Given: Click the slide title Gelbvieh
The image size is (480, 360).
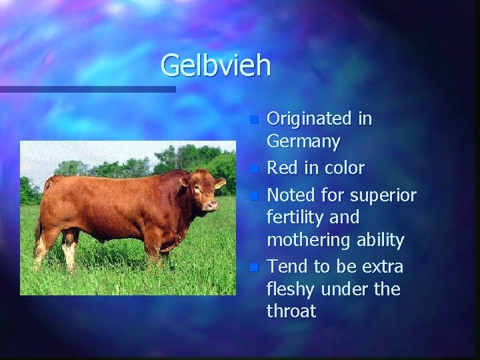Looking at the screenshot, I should click(216, 65).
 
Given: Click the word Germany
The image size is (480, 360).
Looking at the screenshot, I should click(303, 142).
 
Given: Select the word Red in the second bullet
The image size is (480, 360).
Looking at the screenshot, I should click(281, 167).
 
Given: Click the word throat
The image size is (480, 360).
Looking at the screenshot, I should click(292, 311).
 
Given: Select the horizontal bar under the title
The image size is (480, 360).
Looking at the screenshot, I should click(87, 89).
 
